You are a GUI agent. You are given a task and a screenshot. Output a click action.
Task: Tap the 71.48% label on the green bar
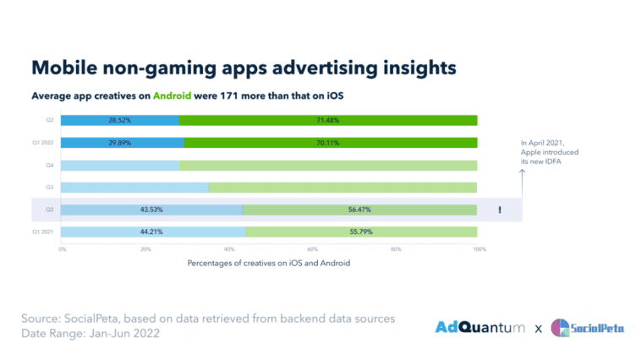329,120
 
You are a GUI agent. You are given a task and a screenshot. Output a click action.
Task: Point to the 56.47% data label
359,209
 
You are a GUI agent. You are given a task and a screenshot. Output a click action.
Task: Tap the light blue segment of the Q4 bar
120,165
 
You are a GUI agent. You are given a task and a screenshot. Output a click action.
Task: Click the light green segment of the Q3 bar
342,187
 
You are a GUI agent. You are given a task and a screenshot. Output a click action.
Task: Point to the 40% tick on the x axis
228,249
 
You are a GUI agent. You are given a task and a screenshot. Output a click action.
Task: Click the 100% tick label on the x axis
479,249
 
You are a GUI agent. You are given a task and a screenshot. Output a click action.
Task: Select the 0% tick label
63,249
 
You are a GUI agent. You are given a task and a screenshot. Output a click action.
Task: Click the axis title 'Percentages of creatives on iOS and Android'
269,264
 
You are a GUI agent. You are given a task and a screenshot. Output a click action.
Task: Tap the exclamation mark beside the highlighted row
500,210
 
